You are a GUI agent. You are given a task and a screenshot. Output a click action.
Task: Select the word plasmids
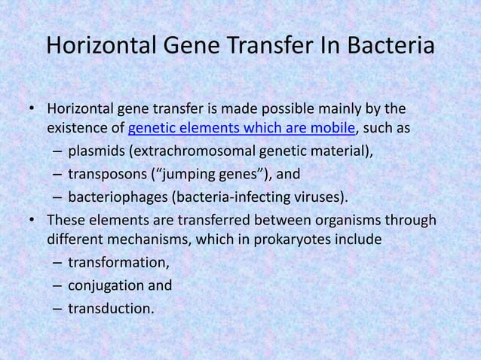coord(97,151)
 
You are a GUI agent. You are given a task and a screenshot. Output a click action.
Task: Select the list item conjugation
coord(111,285)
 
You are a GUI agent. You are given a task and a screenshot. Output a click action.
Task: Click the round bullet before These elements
coord(32,221)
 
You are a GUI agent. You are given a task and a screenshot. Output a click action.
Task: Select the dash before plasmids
coord(58,151)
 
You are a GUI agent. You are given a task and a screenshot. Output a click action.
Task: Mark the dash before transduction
coord(58,309)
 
